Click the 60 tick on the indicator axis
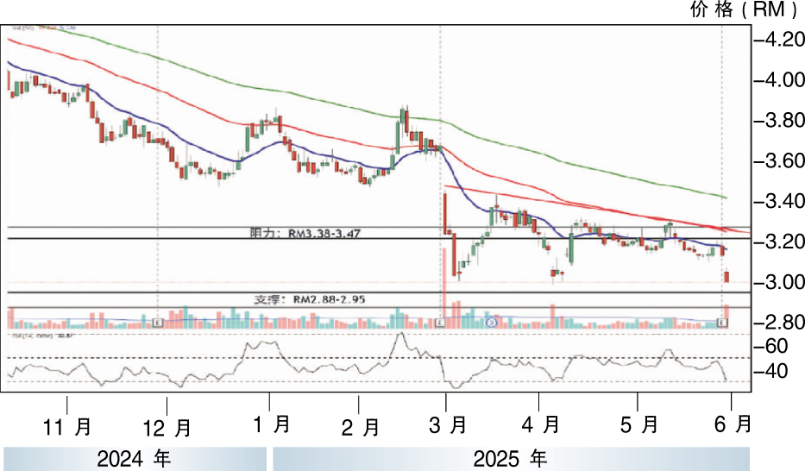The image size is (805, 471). point(775,347)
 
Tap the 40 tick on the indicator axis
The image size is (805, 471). point(775,372)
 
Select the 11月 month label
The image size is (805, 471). point(67,426)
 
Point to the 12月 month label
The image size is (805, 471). point(167,427)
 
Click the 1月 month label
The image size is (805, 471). point(271,424)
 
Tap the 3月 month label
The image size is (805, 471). point(447,426)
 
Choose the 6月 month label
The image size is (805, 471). point(732,424)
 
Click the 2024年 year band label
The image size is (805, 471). point(135,458)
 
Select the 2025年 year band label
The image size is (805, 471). point(512,458)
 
